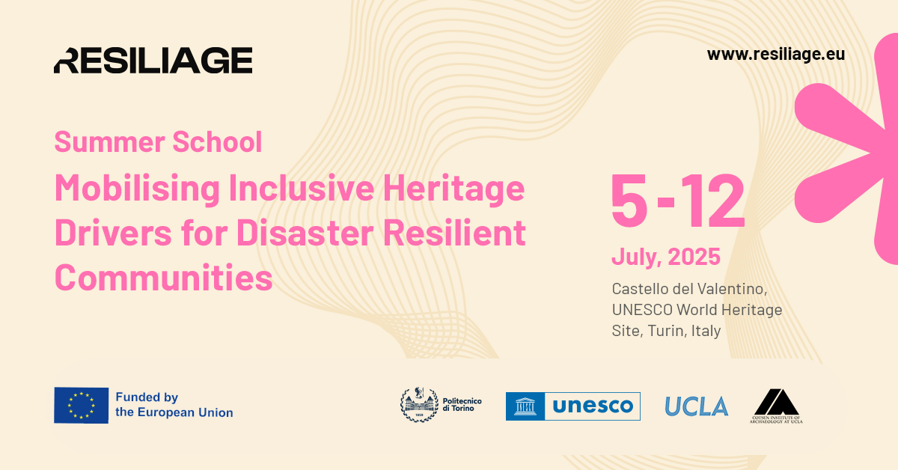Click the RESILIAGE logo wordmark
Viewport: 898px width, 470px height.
pyautogui.click(x=153, y=60)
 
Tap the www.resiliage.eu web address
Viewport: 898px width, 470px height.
pyautogui.click(x=775, y=55)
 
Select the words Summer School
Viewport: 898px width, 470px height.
pyautogui.click(x=158, y=141)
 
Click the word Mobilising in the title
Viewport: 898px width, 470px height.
pyautogui.click(x=135, y=189)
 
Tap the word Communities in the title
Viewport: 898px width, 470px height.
pyautogui.click(x=163, y=278)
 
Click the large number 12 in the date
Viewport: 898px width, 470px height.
pyautogui.click(x=712, y=201)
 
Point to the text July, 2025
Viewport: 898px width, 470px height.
pyautogui.click(x=665, y=257)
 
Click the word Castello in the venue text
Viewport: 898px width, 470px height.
pyautogui.click(x=641, y=288)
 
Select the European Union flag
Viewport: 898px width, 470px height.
pyautogui.click(x=81, y=405)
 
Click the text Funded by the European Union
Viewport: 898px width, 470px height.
pyautogui.click(x=174, y=405)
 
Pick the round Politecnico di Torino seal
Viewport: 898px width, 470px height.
pyautogui.click(x=416, y=405)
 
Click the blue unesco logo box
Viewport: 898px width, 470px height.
pyautogui.click(x=572, y=406)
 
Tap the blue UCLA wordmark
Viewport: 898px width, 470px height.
pyautogui.click(x=696, y=406)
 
